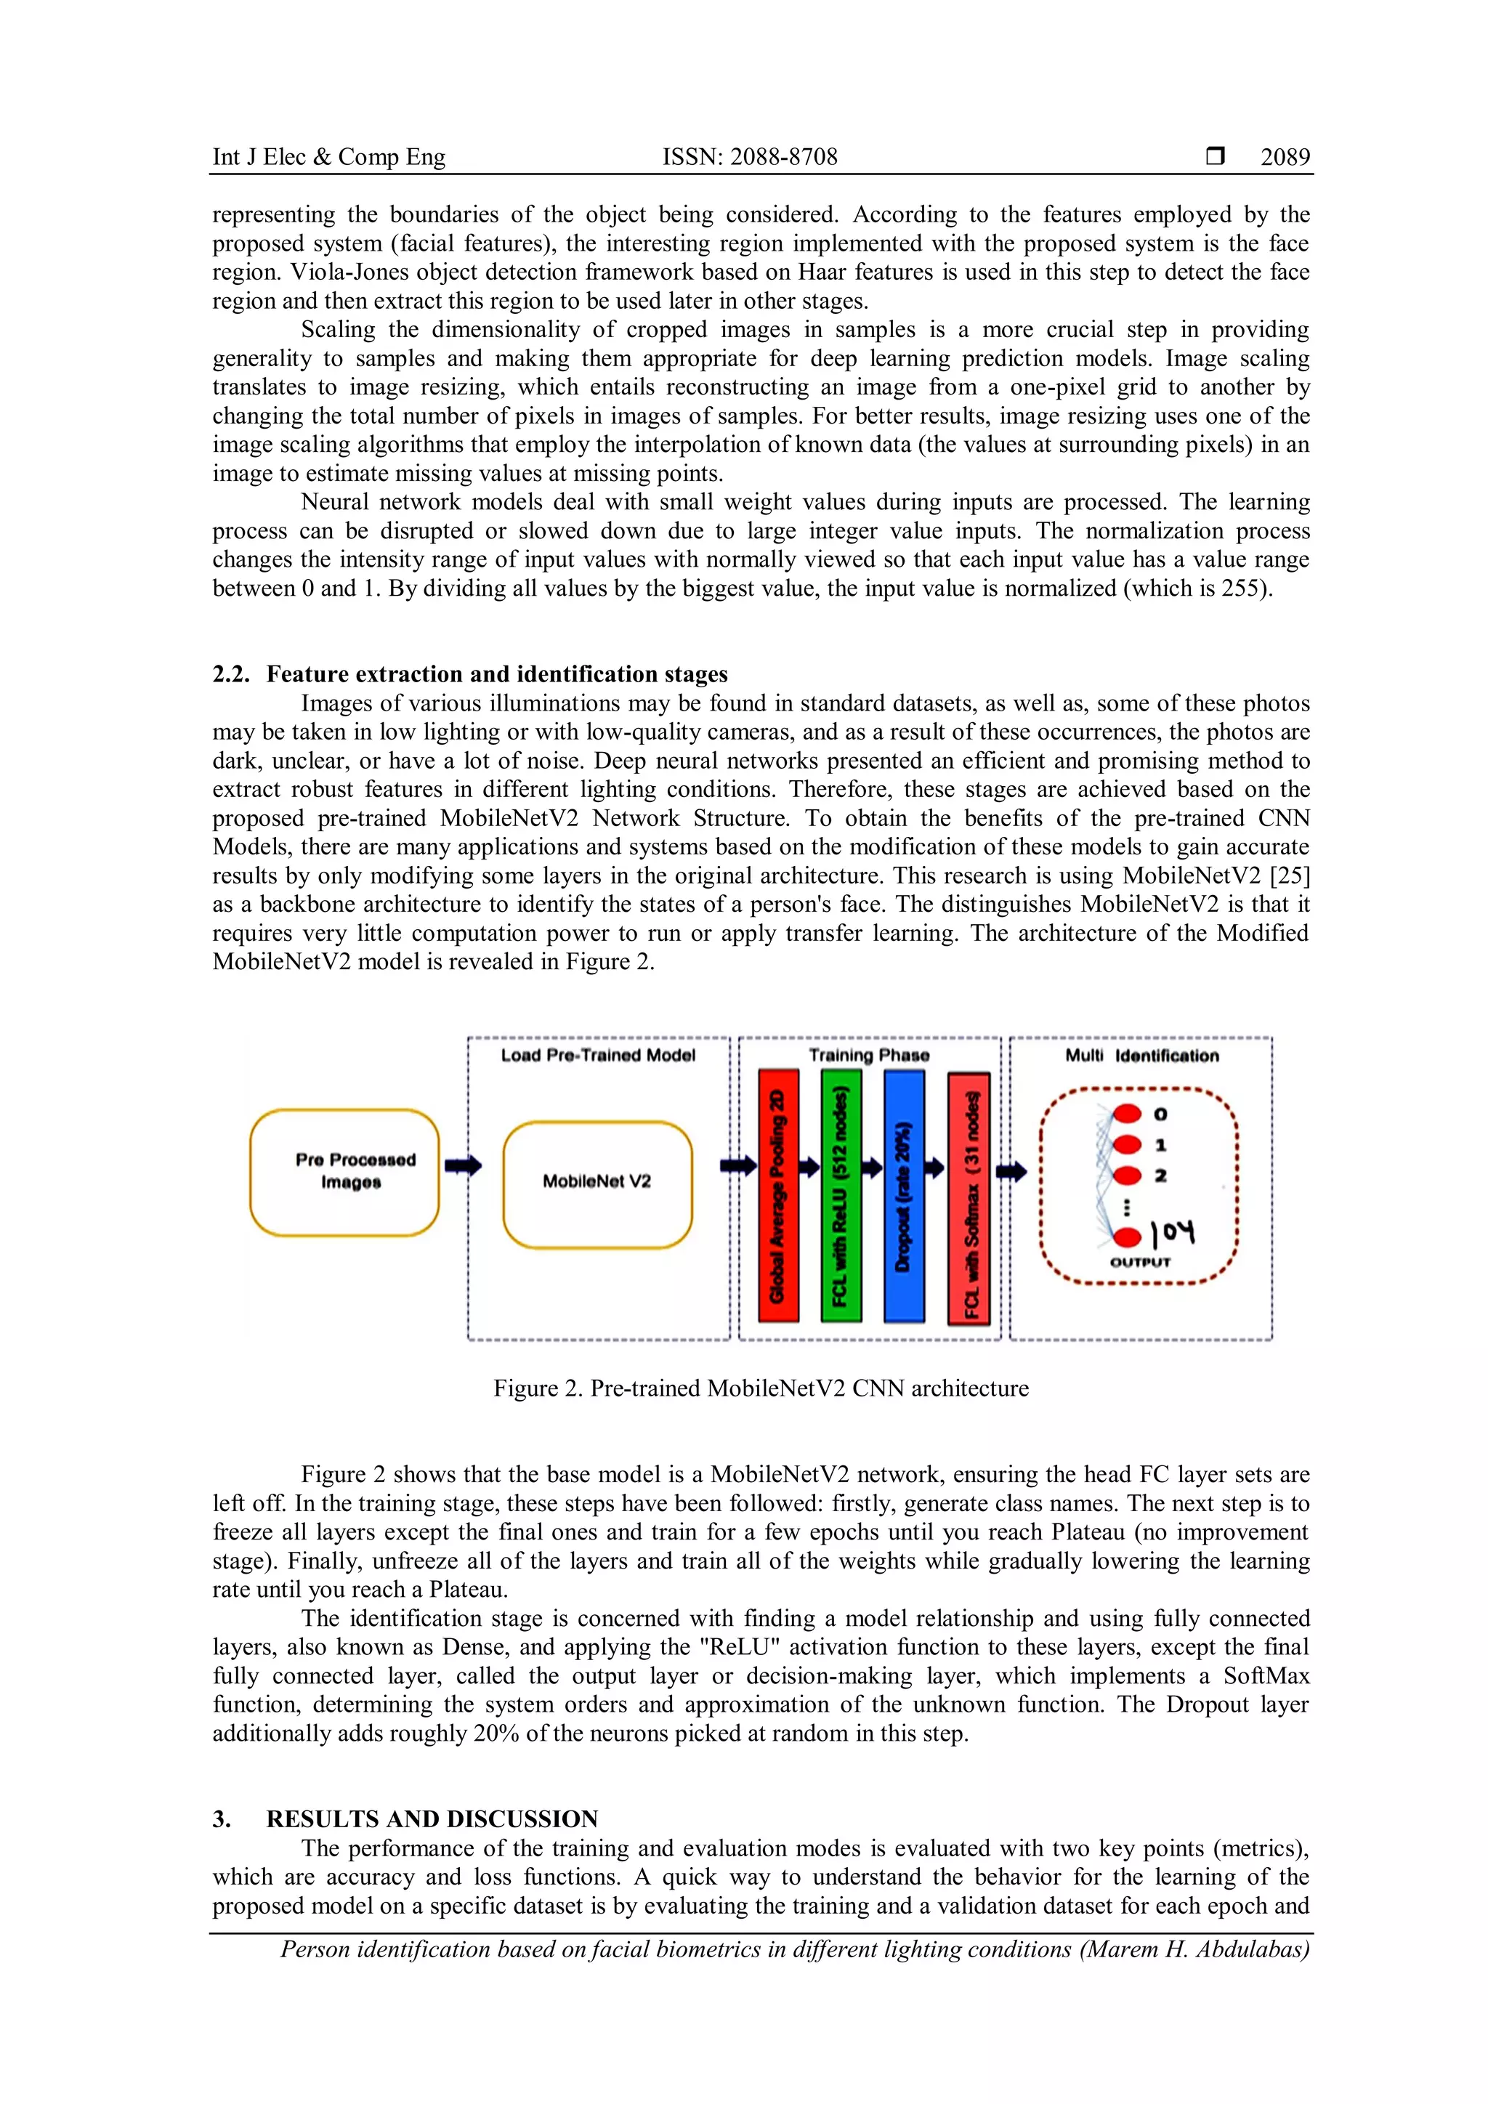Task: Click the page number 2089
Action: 1285,157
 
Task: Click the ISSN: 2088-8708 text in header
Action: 750,157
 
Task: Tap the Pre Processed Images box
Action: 344,1172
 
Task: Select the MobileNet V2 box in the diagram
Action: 597,1183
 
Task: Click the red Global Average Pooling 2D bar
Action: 778,1195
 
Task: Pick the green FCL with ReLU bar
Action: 840,1195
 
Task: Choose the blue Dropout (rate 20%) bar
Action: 903,1195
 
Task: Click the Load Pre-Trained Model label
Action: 597,1056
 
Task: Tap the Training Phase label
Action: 869,1056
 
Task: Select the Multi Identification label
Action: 1141,1056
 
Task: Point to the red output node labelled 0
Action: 1127,1114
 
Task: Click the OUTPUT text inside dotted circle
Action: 1140,1262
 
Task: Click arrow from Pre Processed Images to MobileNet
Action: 463,1165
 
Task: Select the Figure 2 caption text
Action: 761,1388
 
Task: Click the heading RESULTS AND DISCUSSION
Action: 432,1819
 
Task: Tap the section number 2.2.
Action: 231,674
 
